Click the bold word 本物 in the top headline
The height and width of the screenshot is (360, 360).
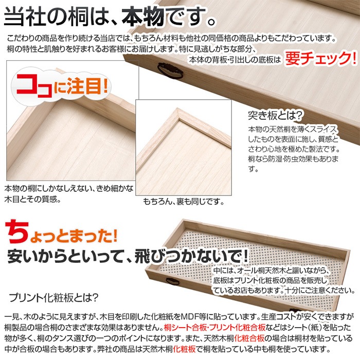(x=142, y=16)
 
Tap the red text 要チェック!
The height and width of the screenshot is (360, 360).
(x=321, y=58)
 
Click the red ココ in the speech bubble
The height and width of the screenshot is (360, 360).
(x=35, y=87)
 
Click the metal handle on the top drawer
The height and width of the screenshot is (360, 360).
(x=170, y=71)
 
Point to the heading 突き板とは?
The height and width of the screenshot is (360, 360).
(x=275, y=115)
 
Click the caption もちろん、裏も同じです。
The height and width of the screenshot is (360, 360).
(x=183, y=202)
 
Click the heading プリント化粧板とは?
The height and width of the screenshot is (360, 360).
(x=53, y=298)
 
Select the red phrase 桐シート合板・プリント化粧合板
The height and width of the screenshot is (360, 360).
(x=214, y=327)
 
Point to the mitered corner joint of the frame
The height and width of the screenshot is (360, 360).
(x=178, y=113)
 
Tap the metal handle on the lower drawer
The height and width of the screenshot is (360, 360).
(x=173, y=281)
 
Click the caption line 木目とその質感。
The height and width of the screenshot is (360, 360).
(x=33, y=199)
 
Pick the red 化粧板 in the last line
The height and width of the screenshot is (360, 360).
(x=184, y=349)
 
